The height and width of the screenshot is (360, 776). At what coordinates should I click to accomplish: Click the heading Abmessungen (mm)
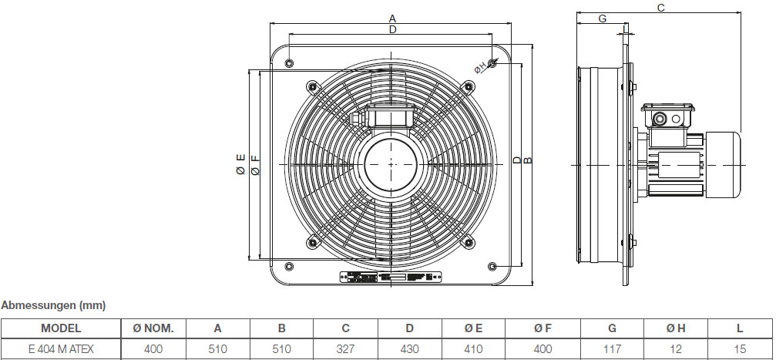(53, 305)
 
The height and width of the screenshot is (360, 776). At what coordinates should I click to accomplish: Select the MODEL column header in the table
(61, 328)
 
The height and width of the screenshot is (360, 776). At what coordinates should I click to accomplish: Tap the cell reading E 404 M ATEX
(61, 349)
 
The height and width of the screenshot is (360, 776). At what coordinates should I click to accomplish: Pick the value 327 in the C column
(346, 349)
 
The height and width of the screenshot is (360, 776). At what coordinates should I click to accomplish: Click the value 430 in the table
(410, 349)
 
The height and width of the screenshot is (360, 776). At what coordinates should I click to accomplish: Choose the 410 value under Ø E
(473, 349)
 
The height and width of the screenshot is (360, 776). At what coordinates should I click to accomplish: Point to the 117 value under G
(613, 349)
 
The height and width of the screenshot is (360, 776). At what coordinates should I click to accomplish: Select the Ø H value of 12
(676, 349)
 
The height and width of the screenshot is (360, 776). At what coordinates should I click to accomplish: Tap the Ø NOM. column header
(153, 328)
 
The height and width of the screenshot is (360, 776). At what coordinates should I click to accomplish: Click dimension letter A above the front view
(392, 18)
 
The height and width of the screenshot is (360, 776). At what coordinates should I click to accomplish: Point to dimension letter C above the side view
(660, 7)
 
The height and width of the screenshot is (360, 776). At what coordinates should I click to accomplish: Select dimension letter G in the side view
(602, 19)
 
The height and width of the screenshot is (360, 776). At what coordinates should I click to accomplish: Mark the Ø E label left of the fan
(240, 164)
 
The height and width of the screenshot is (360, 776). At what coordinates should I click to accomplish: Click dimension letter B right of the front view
(528, 160)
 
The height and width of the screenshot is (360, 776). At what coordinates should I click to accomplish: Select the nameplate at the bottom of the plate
(391, 277)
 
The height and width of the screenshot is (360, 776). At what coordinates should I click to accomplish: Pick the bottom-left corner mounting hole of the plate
(289, 267)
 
